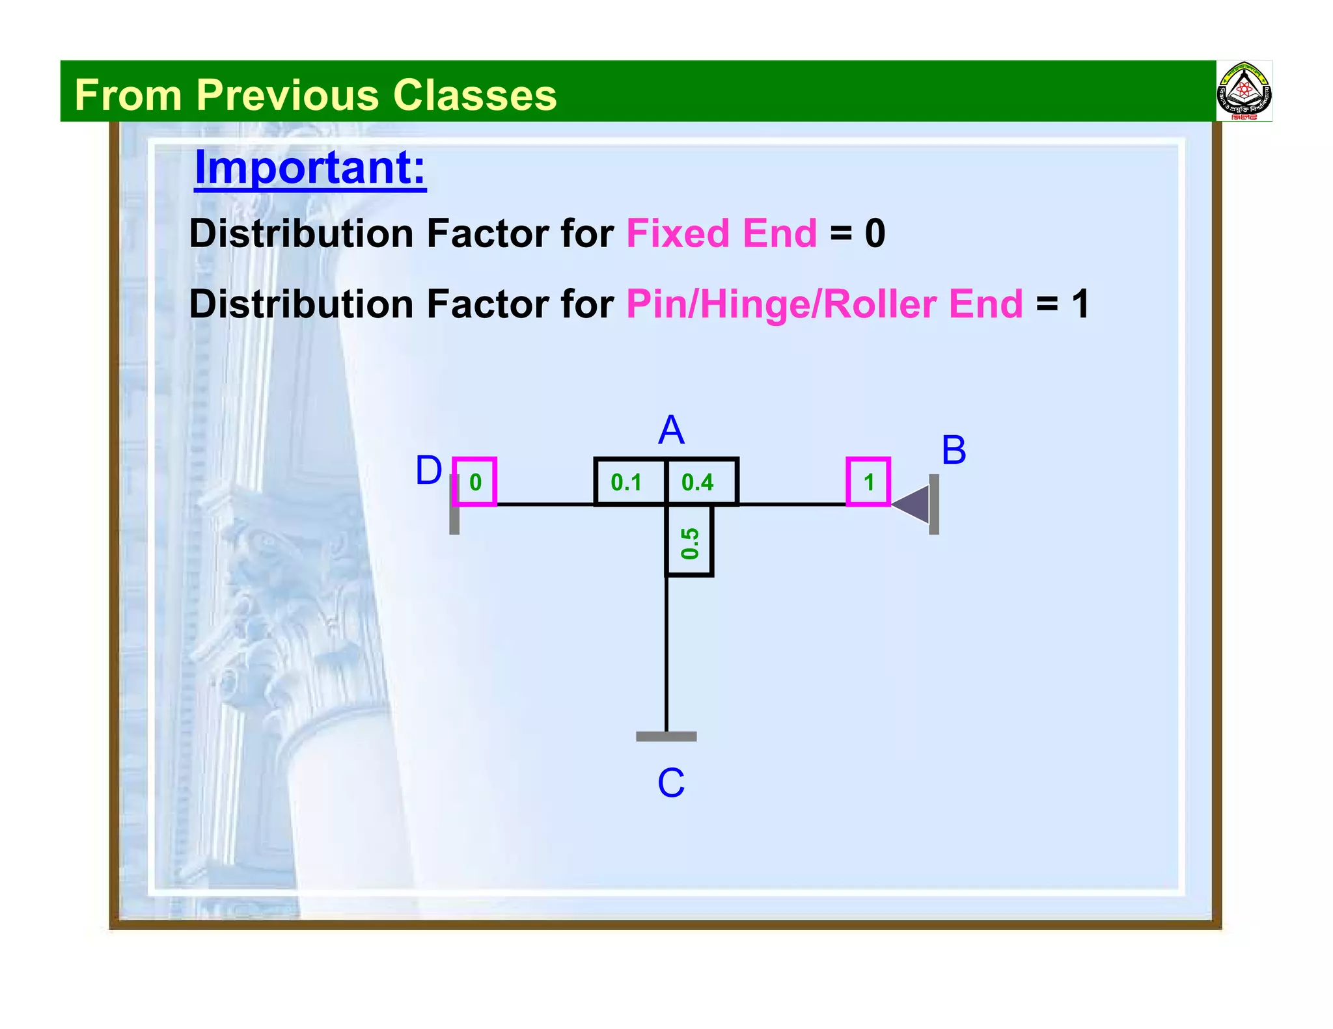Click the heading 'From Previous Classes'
click(x=316, y=95)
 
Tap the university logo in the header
click(x=1244, y=92)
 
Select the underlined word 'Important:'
click(x=310, y=168)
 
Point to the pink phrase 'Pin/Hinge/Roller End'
click(x=824, y=304)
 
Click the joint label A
click(x=671, y=430)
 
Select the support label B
click(x=954, y=449)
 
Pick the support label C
click(x=671, y=782)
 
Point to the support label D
click(x=428, y=470)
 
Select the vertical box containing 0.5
click(x=689, y=541)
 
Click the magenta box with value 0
click(x=474, y=481)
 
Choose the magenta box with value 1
click(x=868, y=481)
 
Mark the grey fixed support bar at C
click(x=666, y=736)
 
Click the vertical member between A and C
click(x=666, y=650)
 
